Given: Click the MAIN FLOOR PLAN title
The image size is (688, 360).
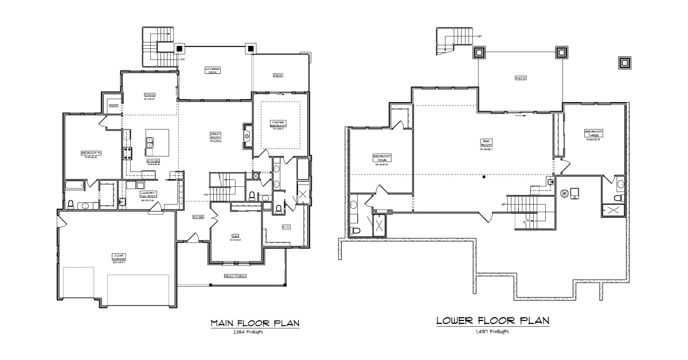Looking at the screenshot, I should pyautogui.click(x=255, y=323).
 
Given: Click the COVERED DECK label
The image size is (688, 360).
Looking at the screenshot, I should pyautogui.click(x=213, y=70).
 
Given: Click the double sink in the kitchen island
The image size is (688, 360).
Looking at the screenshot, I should pyautogui.click(x=150, y=142).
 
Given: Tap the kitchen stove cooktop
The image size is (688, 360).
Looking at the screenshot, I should pyautogui.click(x=127, y=153).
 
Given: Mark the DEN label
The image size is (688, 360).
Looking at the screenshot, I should pyautogui.click(x=236, y=239).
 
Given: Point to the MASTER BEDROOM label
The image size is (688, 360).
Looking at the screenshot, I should pyautogui.click(x=278, y=126).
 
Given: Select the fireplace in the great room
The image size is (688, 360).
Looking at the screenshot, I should pyautogui.click(x=247, y=136).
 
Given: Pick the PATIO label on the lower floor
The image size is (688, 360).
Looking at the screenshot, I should pyautogui.click(x=520, y=78).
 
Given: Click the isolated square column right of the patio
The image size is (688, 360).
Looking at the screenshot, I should pyautogui.click(x=624, y=62).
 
